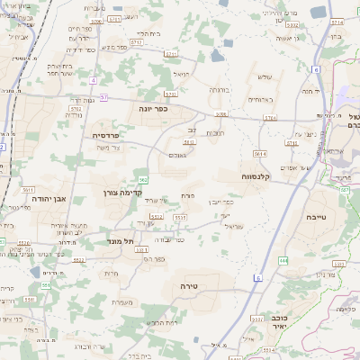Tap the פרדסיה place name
point(112,135)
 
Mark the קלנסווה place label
point(256,177)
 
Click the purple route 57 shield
point(104,96)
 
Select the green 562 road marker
point(143,181)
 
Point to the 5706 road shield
point(220,114)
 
